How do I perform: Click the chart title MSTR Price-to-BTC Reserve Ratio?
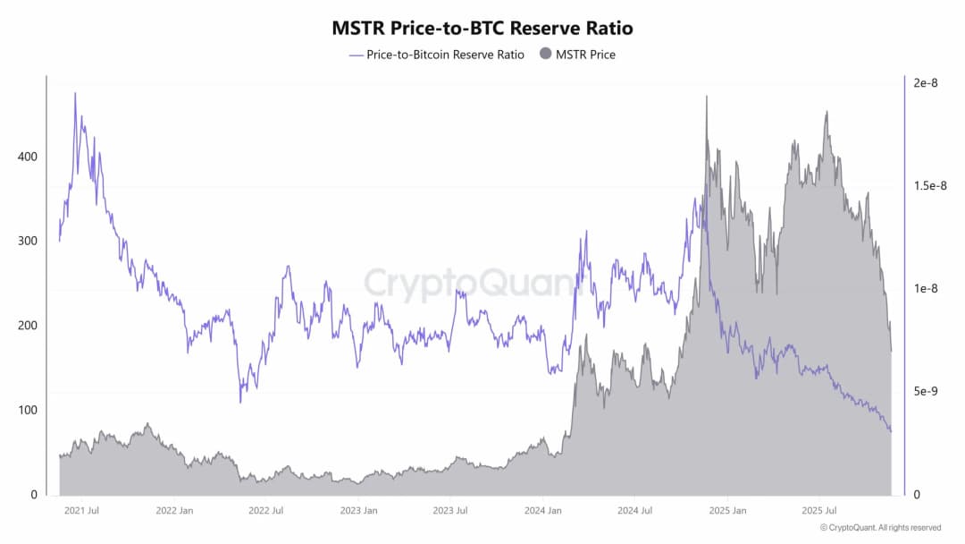click(x=482, y=28)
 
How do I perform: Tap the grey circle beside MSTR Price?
click(x=545, y=55)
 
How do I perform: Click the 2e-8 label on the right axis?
click(x=926, y=83)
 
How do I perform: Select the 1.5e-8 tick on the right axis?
click(x=930, y=186)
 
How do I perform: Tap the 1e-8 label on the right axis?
click(x=926, y=289)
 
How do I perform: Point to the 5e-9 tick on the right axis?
click(x=926, y=392)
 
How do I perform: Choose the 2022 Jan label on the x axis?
click(x=174, y=511)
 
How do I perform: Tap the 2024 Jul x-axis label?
click(x=634, y=511)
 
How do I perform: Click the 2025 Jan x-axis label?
click(x=727, y=511)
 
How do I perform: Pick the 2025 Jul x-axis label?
click(x=819, y=511)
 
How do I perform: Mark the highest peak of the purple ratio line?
click(x=75, y=93)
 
